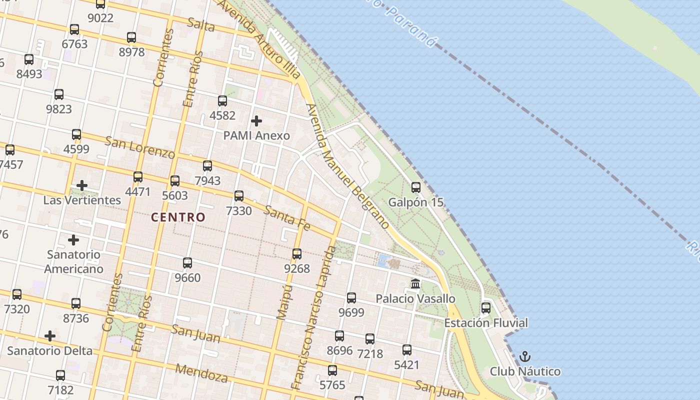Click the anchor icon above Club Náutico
pos(524,356)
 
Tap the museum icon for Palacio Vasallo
pos(415,284)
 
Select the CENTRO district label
pos(178,217)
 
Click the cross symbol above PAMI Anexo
pos(256,121)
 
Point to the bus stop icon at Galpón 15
pos(415,187)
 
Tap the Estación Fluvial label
pos(485,323)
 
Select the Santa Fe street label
pos(287,218)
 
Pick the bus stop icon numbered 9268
pos(297,254)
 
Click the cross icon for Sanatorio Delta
pos(50,336)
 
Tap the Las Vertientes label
pos(82,200)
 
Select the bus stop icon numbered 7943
pos(207,166)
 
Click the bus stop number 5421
pos(406,365)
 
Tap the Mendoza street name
pos(201,373)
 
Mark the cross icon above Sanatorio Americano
pos(73,240)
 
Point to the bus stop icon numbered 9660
pos(187,263)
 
